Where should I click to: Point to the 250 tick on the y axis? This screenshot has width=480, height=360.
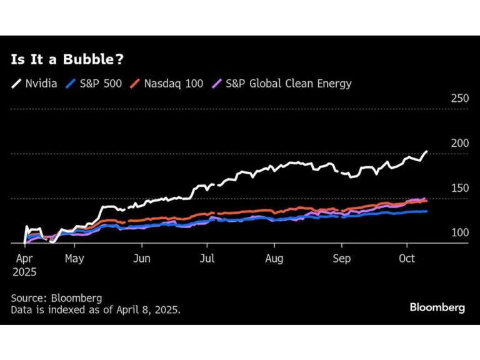pos(459,98)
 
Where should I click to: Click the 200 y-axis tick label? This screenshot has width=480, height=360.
pos(459,143)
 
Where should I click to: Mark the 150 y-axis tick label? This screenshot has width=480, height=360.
pos(459,188)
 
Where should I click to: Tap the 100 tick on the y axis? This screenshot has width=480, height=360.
pos(459,232)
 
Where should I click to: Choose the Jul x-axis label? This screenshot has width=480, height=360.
pos(208,257)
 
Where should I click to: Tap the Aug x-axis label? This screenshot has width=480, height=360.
pos(275,257)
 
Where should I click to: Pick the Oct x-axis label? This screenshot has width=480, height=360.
pos(407,257)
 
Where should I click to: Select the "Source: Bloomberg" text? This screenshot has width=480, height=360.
pos(56,297)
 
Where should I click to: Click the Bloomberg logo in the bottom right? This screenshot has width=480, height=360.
pos(437,307)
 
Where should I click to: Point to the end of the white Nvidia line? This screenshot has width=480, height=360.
pos(426,151)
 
